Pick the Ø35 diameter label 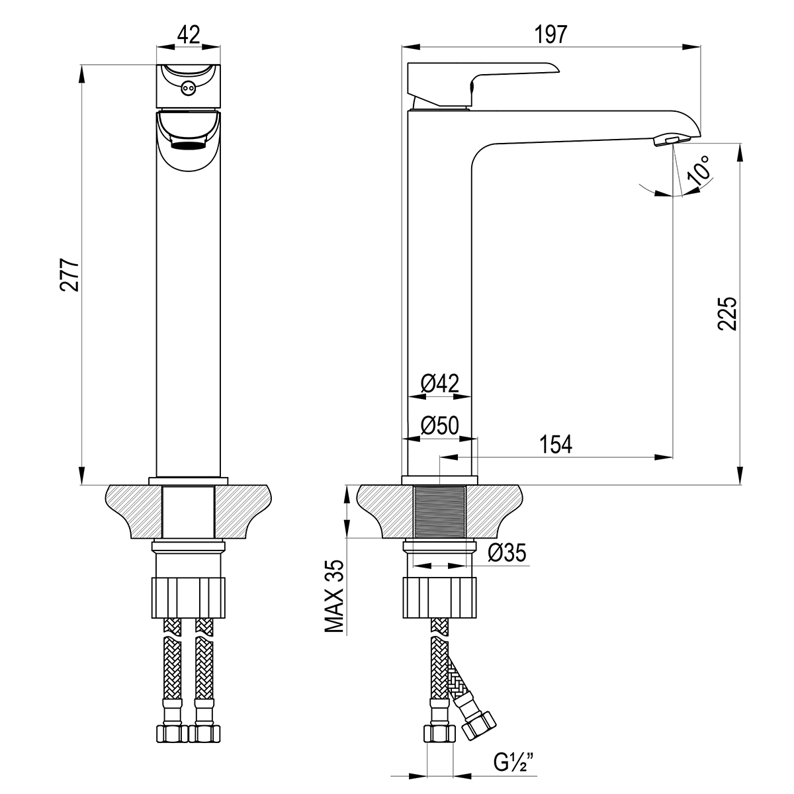pos(507,553)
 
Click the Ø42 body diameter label pos(440,384)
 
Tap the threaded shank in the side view pos(440,513)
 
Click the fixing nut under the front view pos(189,597)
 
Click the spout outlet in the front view pos(189,142)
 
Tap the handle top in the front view pos(189,86)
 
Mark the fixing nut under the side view pos(440,597)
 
